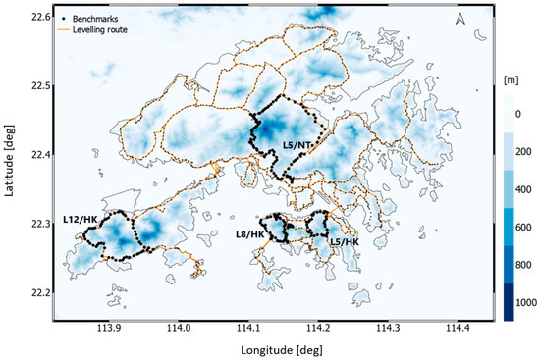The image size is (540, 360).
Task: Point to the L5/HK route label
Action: pyautogui.click(x=344, y=240)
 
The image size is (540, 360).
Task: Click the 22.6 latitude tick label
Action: pyautogui.click(x=40, y=17)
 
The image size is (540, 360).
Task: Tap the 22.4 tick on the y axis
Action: pyautogui.click(x=40, y=155)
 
